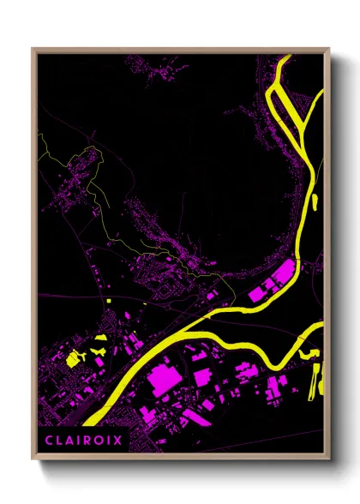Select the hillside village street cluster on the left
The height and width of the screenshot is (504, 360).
click(73, 184)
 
